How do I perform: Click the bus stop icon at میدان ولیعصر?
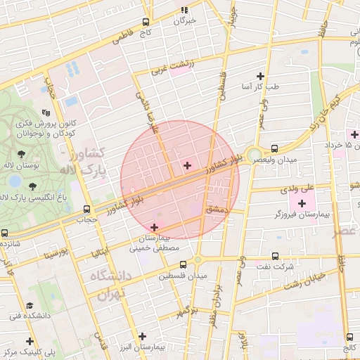(x=274, y=148)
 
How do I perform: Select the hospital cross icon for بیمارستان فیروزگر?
(x=302, y=203)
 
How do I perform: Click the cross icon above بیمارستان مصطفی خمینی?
(x=155, y=226)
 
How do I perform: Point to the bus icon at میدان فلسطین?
(x=184, y=264)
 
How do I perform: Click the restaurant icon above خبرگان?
(x=185, y=11)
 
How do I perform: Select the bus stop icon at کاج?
(x=146, y=22)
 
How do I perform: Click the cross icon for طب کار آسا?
(x=261, y=76)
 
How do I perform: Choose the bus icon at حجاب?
(x=87, y=209)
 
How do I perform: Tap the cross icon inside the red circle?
(x=187, y=165)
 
